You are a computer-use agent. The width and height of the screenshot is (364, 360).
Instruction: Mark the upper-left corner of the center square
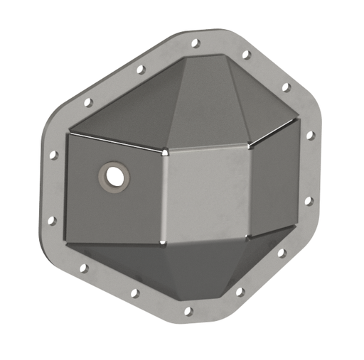pyautogui.click(x=164, y=151)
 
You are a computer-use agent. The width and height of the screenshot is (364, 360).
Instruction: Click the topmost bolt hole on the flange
pyautogui.click(x=196, y=43)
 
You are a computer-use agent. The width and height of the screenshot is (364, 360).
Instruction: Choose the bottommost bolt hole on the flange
pyautogui.click(x=188, y=311)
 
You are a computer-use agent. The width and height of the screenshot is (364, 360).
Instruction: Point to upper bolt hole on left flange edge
pyautogui.click(x=54, y=153)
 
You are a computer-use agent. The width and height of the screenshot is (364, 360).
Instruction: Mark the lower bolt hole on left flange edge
pyautogui.click(x=51, y=221)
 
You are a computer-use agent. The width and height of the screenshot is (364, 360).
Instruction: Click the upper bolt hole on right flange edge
pyautogui.click(x=310, y=135)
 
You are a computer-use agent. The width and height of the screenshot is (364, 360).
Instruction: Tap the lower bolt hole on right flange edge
pyautogui.click(x=308, y=201)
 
